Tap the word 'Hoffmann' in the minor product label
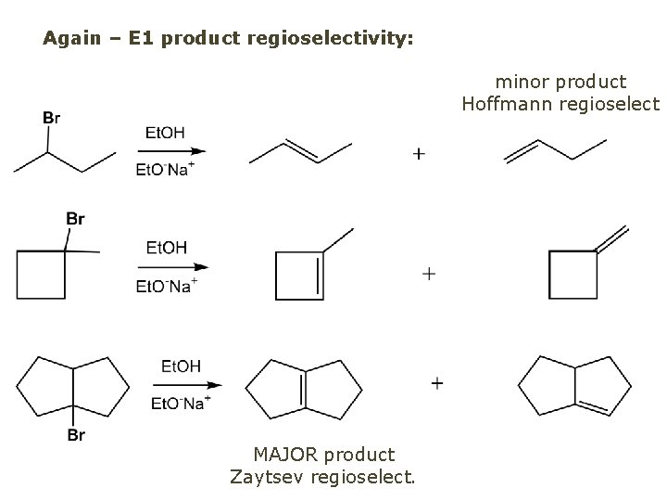[507, 104]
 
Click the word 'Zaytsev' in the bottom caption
[262, 477]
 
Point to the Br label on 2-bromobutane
[52, 117]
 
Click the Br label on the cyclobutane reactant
[75, 219]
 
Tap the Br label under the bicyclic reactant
[76, 434]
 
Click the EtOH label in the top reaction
[165, 133]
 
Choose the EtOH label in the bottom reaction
[181, 366]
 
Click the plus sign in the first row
[419, 153]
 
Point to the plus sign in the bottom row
[436, 382]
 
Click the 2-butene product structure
[301, 151]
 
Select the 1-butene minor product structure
[554, 149]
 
